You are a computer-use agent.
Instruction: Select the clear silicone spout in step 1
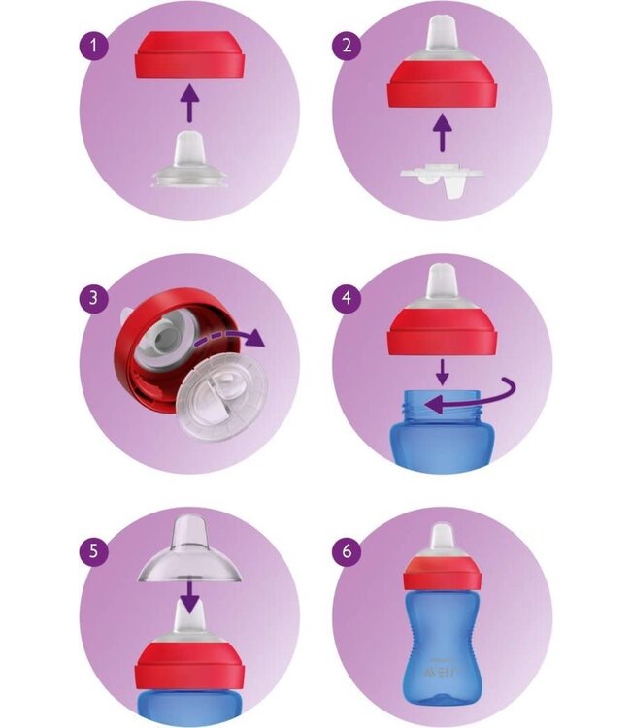click(188, 159)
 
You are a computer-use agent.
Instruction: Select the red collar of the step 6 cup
click(443, 572)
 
